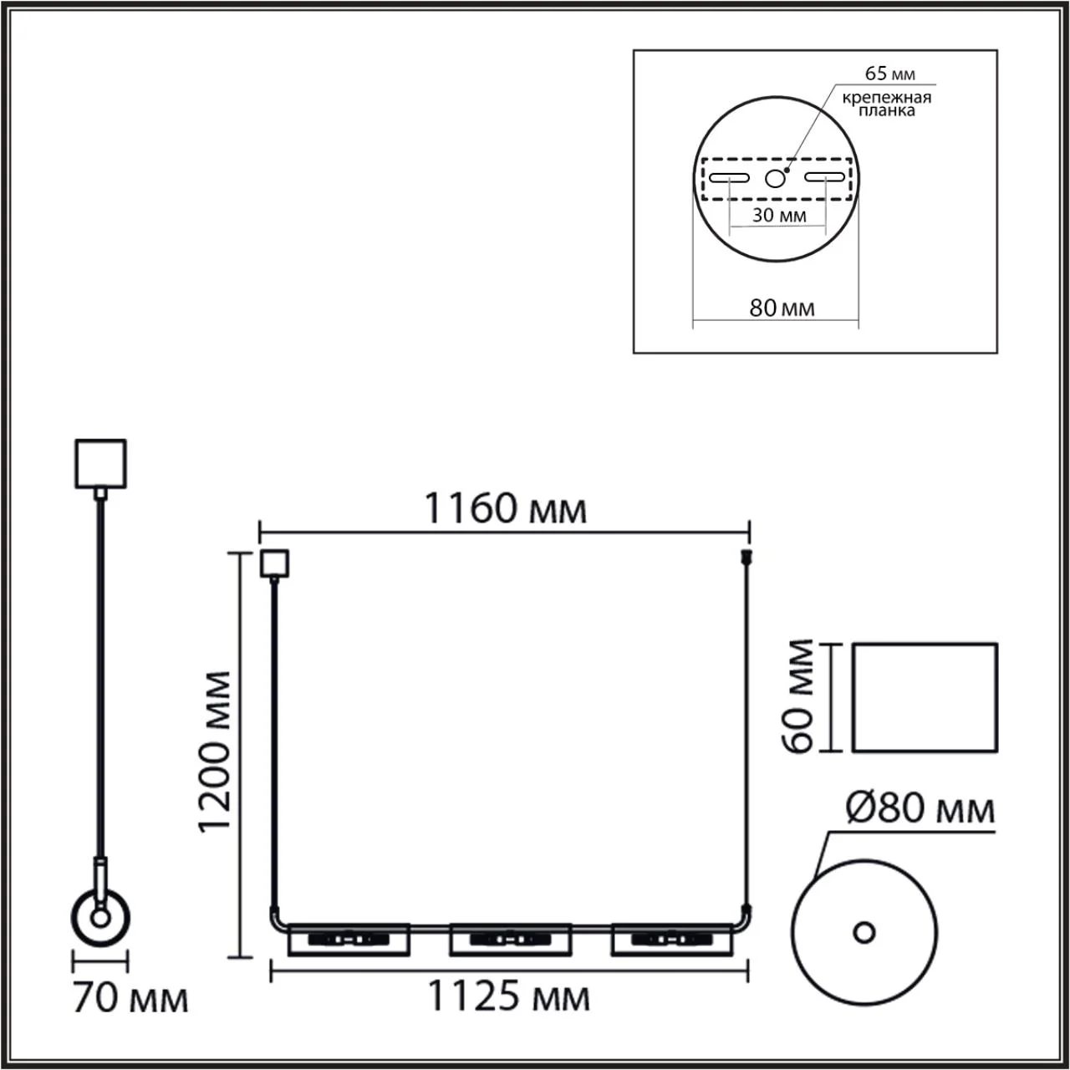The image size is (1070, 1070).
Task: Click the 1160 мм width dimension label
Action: pos(505,508)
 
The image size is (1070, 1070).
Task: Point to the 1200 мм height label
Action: pos(215,752)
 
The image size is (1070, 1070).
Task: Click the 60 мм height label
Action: pos(798,696)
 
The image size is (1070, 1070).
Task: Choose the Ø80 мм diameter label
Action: pos(920,808)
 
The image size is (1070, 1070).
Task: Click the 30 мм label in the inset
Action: pos(779,215)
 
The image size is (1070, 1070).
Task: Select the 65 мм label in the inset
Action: pos(890,74)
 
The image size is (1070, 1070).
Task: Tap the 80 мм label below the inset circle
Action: pos(782,308)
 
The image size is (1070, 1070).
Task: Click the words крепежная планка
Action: pos(887,104)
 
